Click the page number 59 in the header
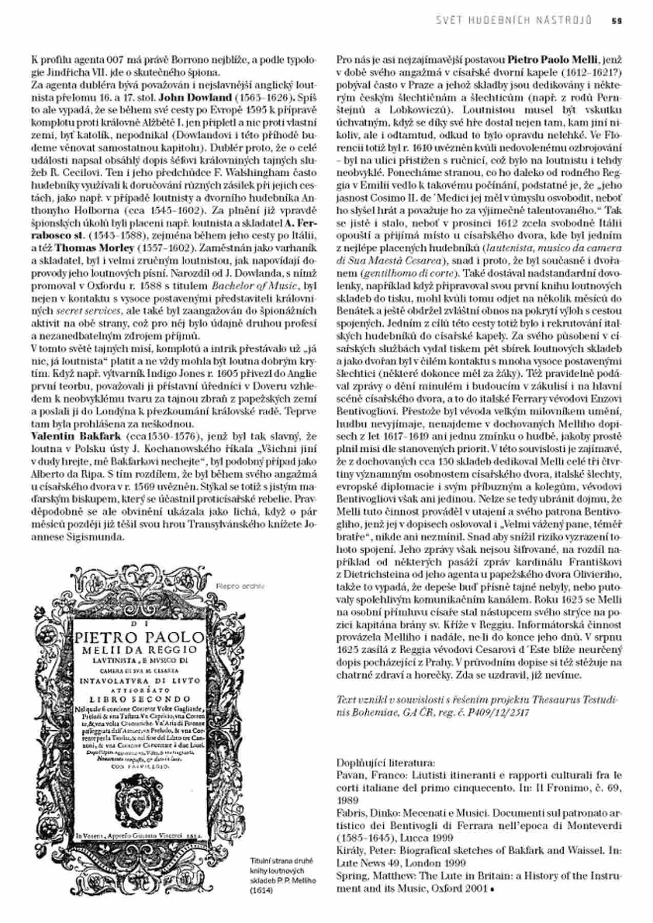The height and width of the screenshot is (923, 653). coord(617,21)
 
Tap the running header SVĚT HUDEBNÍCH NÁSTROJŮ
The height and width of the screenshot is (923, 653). coord(514,21)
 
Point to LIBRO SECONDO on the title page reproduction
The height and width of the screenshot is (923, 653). coord(140,699)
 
